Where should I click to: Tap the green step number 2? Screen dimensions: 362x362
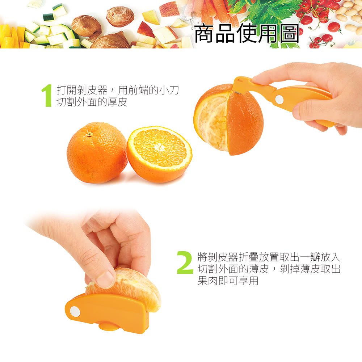pos(185,262)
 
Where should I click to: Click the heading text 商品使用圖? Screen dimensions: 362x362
pos(246,34)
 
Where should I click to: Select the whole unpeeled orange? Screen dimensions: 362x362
pos(97,153)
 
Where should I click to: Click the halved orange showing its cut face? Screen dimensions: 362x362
pos(159,154)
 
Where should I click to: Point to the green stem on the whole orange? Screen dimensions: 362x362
pos(89,134)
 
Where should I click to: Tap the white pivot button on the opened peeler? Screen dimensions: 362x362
pos(279,99)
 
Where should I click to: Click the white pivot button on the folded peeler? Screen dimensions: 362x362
pos(75,312)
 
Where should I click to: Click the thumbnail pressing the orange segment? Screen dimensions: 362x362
pos(105,280)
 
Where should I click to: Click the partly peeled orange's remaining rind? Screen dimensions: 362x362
pos(246,122)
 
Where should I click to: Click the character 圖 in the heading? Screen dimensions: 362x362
pos(290,34)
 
